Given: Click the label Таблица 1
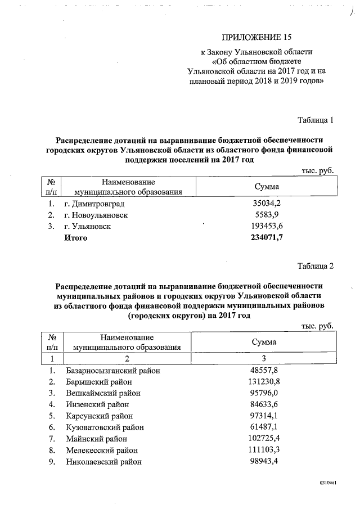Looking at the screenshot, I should pyautogui.click(x=316, y=120).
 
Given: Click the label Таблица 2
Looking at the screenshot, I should pyautogui.click(x=316, y=265).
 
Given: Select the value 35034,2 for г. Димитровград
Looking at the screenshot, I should pyautogui.click(x=267, y=203).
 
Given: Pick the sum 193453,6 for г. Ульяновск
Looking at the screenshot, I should pyautogui.click(x=267, y=226).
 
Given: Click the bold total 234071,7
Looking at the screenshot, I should pyautogui.click(x=266, y=238).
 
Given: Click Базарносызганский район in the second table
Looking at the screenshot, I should pyautogui.click(x=112, y=371).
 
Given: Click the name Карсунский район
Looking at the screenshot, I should pyautogui.click(x=100, y=416).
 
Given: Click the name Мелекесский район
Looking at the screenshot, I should pyautogui.click(x=101, y=451).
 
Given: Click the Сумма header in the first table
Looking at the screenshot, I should pyautogui.click(x=267, y=186).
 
